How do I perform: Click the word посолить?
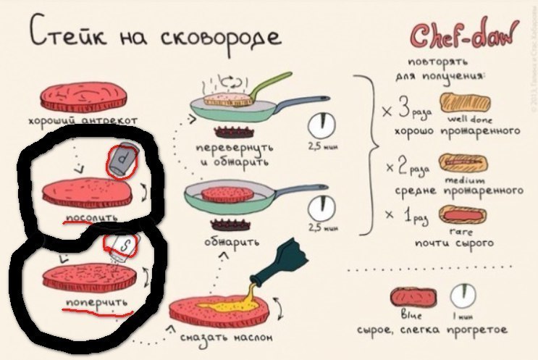[x=87, y=217]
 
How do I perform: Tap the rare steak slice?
[x=463, y=216]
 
